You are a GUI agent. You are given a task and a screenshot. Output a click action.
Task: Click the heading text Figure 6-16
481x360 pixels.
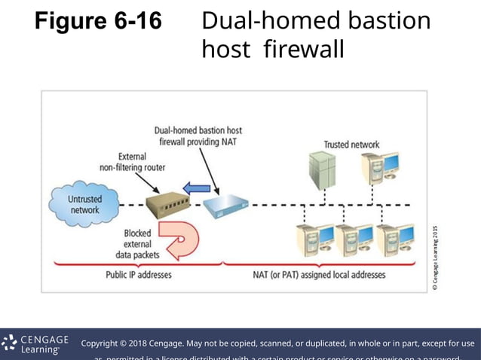click(x=98, y=22)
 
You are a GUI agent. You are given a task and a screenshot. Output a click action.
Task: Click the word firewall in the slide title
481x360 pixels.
click(x=304, y=50)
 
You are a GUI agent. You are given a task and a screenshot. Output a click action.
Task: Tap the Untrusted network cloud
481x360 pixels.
click(x=84, y=204)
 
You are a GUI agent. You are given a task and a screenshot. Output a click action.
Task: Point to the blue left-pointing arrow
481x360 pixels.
click(x=198, y=186)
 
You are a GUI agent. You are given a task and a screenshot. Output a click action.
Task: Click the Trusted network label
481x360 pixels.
click(x=351, y=145)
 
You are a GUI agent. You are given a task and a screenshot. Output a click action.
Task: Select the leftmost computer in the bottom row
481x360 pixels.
click(x=314, y=240)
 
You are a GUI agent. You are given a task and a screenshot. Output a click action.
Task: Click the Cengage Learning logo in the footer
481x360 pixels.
click(x=36, y=344)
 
